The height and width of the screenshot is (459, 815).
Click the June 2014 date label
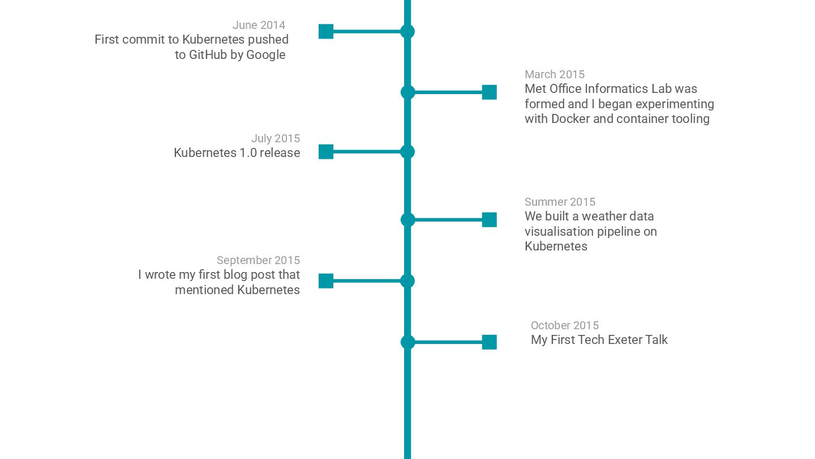259,25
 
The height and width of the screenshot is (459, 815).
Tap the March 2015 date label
554,74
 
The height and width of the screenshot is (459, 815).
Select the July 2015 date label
275,138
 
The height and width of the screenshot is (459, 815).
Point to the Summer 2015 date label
560,202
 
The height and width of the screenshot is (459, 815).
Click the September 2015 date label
258,260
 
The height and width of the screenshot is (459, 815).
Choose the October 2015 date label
564,325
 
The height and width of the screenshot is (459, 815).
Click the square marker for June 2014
326,31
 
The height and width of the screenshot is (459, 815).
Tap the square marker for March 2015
489,92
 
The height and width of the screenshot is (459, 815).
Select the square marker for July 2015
326,152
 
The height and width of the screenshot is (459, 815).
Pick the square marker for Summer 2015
489,220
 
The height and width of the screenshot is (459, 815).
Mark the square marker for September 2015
326,281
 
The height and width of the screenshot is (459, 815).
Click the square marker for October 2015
489,342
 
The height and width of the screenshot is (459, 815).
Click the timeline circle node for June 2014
407,31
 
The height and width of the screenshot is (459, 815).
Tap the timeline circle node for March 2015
407,92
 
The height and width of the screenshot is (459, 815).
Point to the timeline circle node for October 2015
407,342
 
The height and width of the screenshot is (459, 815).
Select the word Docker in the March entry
570,119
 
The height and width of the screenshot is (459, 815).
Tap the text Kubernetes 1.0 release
237,153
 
